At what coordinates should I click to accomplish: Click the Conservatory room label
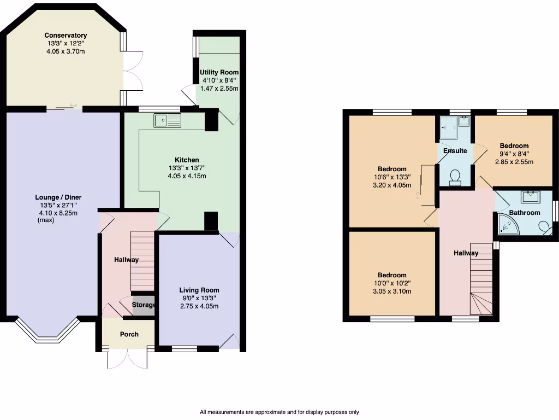tap(66, 36)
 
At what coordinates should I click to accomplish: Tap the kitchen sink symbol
tap(168, 121)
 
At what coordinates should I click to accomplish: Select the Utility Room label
tap(219, 72)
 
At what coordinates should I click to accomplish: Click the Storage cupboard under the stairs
tap(144, 305)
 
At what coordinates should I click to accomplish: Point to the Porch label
tap(129, 334)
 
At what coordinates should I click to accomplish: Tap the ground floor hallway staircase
tap(142, 260)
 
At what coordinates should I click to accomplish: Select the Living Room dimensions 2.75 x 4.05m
tap(199, 306)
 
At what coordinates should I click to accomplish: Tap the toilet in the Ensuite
tap(454, 176)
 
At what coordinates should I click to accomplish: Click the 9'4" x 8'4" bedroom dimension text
tap(514, 154)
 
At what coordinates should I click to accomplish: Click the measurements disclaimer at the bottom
tap(279, 412)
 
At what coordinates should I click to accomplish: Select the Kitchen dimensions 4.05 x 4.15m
tap(187, 176)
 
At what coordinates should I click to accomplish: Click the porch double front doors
tap(128, 359)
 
